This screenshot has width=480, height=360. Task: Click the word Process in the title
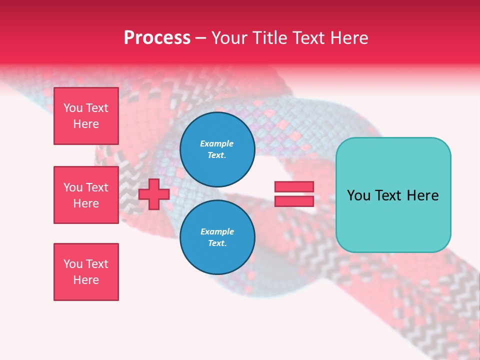(157, 38)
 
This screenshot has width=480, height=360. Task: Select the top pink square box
(86, 116)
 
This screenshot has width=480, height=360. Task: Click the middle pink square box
(86, 195)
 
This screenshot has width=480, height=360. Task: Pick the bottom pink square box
(86, 272)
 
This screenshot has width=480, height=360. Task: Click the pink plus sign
(154, 194)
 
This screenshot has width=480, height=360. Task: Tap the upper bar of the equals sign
(294, 186)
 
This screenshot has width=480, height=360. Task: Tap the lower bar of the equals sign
(294, 201)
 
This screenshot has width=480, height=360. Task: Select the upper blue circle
(217, 149)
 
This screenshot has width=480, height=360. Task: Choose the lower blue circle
(217, 237)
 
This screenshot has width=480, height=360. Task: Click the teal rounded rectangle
(393, 195)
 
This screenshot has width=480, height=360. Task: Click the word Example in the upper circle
(217, 143)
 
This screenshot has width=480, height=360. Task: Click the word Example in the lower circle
(217, 231)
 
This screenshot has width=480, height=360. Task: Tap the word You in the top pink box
(72, 108)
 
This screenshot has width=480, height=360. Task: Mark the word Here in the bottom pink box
(86, 280)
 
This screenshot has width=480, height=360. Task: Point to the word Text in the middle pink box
(97, 187)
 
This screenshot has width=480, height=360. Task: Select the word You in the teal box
(358, 195)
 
